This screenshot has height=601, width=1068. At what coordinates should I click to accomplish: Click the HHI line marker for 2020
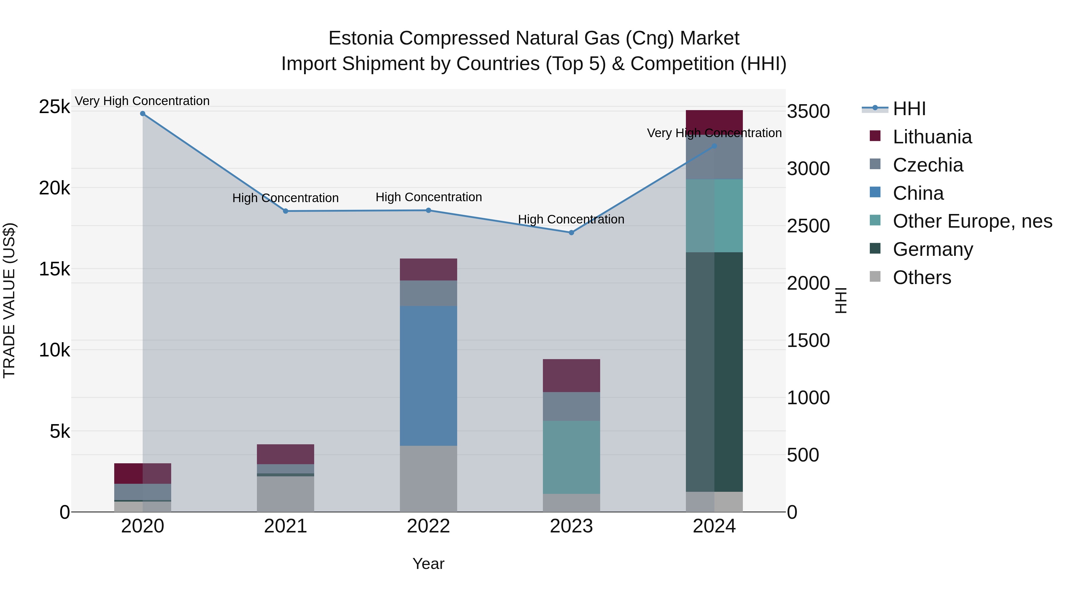[143, 114]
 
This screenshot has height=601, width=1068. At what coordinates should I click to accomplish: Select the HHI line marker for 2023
[571, 233]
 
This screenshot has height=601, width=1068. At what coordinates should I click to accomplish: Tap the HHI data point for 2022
[429, 210]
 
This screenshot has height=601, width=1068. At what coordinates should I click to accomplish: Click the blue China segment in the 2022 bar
[428, 376]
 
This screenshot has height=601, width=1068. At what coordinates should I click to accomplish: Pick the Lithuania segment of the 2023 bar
[571, 375]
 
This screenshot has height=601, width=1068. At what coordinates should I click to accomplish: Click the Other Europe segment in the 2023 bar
[571, 457]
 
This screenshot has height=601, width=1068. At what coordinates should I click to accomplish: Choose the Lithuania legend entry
[932, 137]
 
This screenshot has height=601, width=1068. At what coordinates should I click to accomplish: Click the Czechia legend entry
[928, 165]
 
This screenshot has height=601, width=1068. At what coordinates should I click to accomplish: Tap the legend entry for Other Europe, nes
[972, 221]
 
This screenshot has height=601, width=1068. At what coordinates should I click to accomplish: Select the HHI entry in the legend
[909, 109]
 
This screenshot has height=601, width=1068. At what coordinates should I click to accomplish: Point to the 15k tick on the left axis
[54, 269]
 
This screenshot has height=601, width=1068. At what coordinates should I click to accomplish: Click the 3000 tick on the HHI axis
[808, 169]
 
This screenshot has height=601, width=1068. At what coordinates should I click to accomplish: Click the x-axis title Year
[428, 564]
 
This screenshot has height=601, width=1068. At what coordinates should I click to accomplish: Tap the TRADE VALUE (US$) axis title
[9, 300]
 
